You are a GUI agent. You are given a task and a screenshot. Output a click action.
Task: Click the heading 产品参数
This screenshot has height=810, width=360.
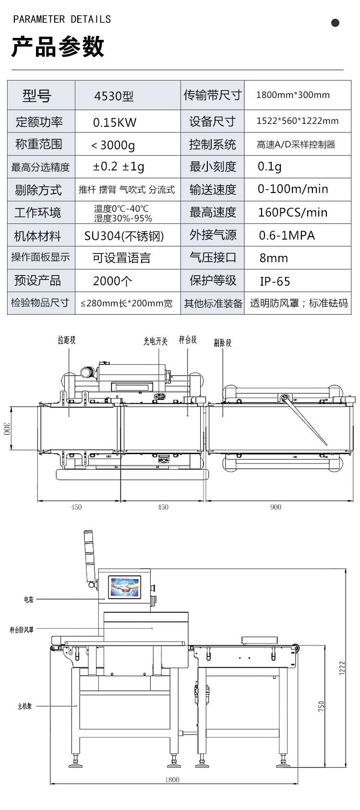58,48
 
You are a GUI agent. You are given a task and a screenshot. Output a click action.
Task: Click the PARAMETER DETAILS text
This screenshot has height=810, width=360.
62,20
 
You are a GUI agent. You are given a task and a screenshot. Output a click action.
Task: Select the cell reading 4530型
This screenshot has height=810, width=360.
114,96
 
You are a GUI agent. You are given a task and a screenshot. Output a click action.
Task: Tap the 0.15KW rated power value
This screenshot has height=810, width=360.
115,122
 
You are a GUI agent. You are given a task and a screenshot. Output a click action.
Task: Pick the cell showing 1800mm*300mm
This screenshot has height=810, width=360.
293,95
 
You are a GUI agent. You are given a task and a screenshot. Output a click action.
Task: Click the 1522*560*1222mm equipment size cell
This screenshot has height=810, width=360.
297,121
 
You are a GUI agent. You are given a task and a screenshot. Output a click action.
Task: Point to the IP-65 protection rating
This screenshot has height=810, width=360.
275,281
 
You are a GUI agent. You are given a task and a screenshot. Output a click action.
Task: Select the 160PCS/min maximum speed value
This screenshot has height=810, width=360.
293,212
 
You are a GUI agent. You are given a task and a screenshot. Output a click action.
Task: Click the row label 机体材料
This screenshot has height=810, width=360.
38,236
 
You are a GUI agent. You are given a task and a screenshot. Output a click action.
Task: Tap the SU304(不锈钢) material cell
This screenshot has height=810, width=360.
124,236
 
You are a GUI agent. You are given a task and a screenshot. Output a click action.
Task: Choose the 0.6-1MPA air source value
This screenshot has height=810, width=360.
287,235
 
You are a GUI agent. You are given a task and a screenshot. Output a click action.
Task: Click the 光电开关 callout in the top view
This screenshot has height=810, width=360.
156,341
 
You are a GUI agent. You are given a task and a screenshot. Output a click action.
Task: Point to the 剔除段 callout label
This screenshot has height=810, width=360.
222,343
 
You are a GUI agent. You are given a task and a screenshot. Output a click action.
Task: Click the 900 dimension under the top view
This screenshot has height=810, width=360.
276,507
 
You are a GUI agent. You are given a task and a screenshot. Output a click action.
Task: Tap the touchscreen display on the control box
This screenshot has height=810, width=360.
124,587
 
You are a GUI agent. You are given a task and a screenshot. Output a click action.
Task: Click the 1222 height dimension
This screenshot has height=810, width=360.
342,668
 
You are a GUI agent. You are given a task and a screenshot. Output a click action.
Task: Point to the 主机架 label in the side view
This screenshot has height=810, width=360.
24,706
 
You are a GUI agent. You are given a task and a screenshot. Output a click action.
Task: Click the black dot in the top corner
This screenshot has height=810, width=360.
335,23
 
